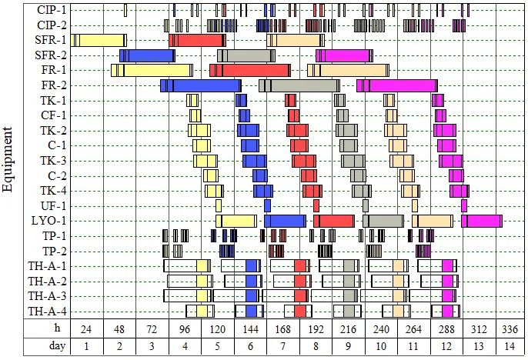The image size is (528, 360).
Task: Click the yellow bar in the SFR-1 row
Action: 99,40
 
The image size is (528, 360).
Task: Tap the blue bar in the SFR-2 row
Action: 147,55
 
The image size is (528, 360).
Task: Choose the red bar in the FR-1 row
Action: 250,70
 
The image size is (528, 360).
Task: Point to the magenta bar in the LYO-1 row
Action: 482,221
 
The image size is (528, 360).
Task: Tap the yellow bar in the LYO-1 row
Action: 236,221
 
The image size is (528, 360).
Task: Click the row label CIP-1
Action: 52,10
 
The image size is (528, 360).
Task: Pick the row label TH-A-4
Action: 47,311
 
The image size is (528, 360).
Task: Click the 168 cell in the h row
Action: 283,328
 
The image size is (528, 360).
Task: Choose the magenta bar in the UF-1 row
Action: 464,205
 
